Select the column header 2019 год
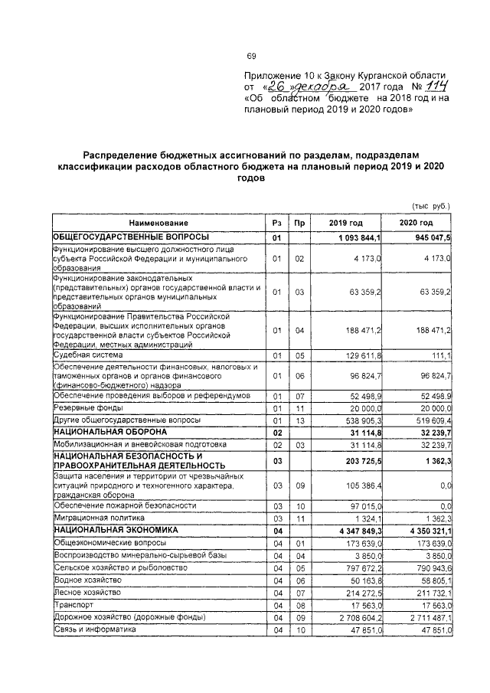(x=346, y=222)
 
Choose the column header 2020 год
(x=416, y=222)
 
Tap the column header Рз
(x=277, y=222)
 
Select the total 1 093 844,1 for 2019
(x=356, y=238)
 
